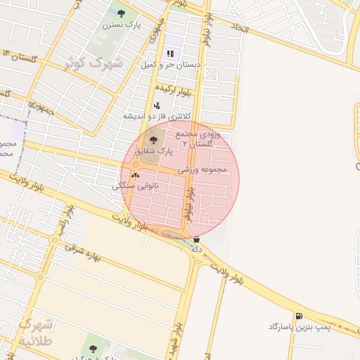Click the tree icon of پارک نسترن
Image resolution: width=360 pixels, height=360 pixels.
[122, 13]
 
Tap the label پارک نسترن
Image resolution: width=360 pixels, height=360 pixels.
[122, 25]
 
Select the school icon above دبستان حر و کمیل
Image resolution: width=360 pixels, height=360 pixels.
[169, 53]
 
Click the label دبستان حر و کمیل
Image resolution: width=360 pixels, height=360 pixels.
[169, 64]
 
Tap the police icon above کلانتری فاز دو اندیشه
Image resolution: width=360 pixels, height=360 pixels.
[156, 105]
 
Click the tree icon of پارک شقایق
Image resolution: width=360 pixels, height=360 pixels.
[154, 141]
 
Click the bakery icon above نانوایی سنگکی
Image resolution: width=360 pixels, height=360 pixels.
[135, 175]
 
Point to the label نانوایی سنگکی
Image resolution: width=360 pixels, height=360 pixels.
[136, 186]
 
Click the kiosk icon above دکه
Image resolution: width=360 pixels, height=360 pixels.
[196, 239]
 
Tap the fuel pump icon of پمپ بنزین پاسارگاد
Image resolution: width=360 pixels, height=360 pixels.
[300, 316]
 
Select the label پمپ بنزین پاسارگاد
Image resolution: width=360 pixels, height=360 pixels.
[299, 327]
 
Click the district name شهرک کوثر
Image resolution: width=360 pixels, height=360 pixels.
[94, 63]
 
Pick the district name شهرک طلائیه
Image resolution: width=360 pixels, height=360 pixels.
[34, 333]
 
